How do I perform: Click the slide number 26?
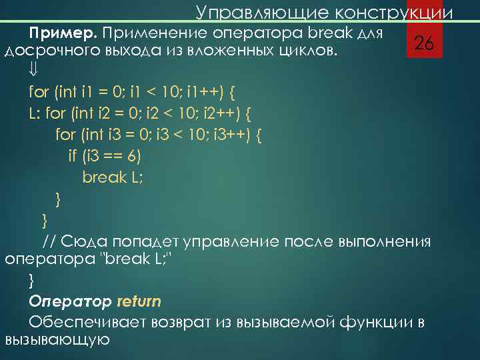click(425, 44)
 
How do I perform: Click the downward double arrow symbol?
click(34, 70)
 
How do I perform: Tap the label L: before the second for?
click(35, 112)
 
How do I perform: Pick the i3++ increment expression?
click(233, 134)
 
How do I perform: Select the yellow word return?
click(139, 301)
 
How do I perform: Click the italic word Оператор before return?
click(71, 301)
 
